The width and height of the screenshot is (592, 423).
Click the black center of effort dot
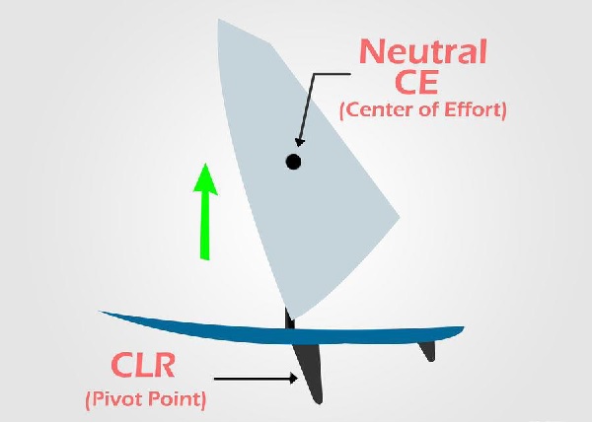tap(292, 162)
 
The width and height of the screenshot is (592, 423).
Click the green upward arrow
tap(204, 212)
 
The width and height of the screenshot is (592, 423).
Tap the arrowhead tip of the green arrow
tap(204, 165)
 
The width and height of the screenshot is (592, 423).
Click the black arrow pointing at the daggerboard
tap(256, 377)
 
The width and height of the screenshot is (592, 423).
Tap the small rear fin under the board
tap(426, 349)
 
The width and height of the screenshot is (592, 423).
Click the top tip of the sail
tap(219, 19)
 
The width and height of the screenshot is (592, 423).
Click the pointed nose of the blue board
tap(102, 313)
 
